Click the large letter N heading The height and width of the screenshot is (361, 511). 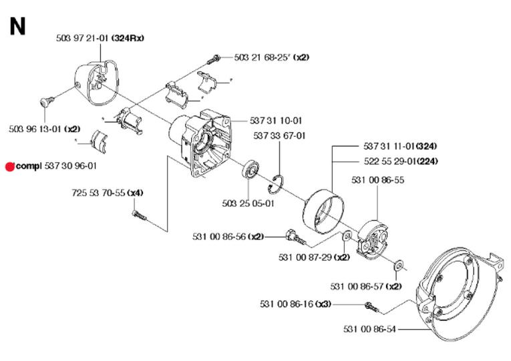point(17,27)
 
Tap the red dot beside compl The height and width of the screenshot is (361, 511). point(10,167)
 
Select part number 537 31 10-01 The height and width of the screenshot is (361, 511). point(276,121)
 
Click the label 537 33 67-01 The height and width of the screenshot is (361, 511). point(279,135)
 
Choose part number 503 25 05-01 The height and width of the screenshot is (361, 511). point(248,204)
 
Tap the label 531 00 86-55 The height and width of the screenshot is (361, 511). point(377,180)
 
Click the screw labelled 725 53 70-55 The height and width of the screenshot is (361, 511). point(139,215)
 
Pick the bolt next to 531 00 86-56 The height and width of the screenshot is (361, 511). point(296,238)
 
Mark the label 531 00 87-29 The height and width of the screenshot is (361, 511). point(305,258)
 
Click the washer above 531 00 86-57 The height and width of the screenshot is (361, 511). point(398,265)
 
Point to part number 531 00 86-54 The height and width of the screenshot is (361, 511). point(369,330)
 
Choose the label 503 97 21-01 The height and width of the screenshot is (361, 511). point(82,38)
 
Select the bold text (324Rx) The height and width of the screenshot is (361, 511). point(128,38)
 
